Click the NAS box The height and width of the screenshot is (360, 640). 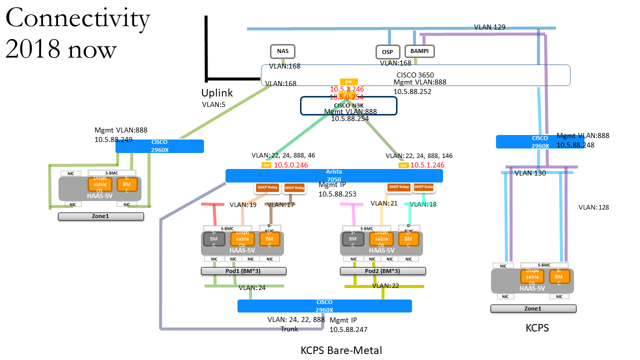[x=282, y=51]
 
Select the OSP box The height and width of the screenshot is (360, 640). [x=388, y=52]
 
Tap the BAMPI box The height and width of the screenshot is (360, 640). [x=419, y=51]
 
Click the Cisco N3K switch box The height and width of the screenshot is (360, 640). [x=348, y=105]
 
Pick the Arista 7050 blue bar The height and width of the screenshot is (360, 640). [x=334, y=175]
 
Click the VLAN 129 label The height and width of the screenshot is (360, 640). [x=489, y=27]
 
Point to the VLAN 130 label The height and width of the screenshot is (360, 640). [x=530, y=173]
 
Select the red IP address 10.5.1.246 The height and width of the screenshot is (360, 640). [x=427, y=165]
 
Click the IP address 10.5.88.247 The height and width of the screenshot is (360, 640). [x=348, y=329]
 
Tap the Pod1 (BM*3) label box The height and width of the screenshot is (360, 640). [x=243, y=271]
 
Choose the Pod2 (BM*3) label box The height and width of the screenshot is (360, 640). [x=382, y=271]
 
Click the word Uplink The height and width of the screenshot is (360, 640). [x=217, y=93]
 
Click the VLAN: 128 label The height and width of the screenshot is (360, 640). [x=593, y=207]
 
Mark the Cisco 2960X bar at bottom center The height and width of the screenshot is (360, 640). [x=324, y=306]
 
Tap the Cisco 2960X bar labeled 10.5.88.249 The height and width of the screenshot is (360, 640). [x=159, y=146]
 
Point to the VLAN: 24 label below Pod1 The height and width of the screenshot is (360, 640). [x=252, y=287]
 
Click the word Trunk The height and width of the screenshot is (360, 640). [x=289, y=329]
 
